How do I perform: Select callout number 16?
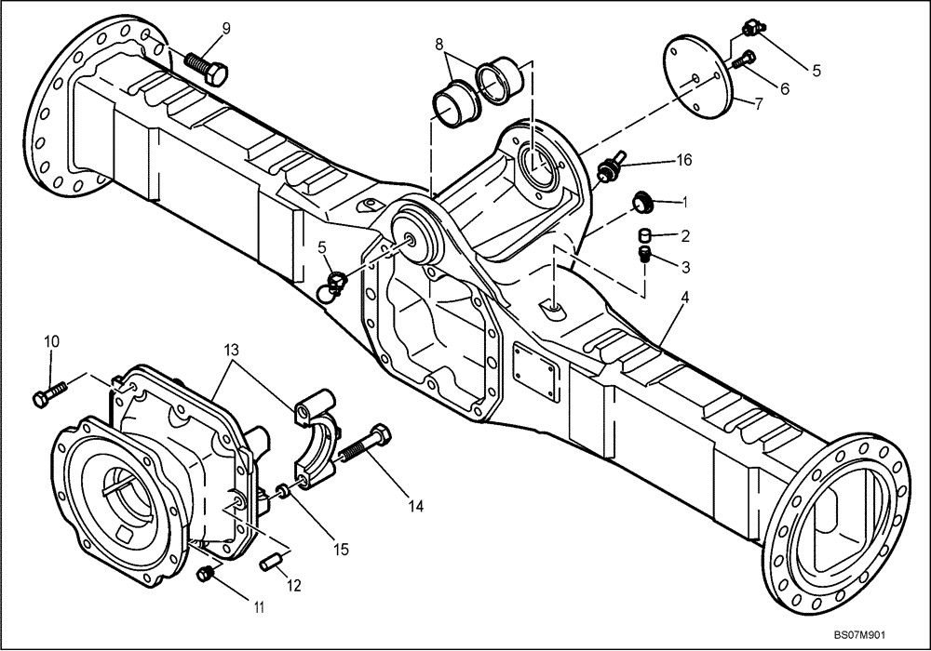coord(684,161)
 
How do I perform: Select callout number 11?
coord(260,608)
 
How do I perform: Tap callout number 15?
coord(341,550)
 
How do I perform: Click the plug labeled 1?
coord(641,200)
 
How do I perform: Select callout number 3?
coord(684,267)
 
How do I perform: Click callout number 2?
coord(684,235)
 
